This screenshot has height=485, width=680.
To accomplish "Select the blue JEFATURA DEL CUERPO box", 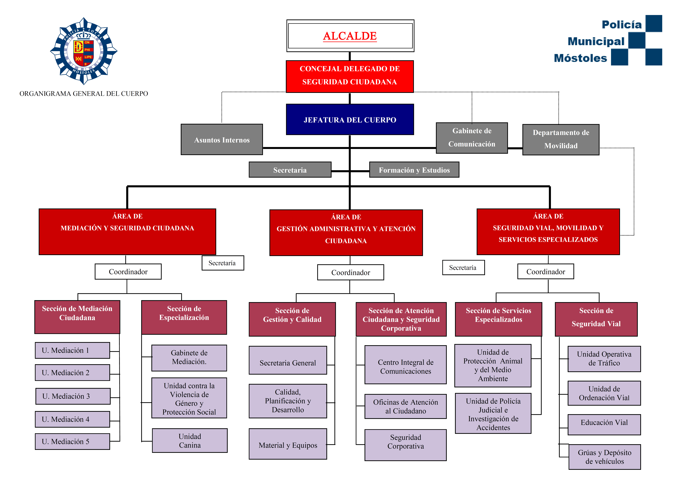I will pyautogui.click(x=350, y=119).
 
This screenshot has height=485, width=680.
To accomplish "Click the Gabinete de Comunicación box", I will pyautogui.click(x=471, y=138).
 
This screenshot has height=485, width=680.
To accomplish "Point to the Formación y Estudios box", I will pyautogui.click(x=414, y=170).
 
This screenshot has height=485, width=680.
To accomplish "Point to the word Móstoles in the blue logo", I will pyautogui.click(x=580, y=58).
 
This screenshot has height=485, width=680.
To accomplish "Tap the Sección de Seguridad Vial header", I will pyautogui.click(x=596, y=319).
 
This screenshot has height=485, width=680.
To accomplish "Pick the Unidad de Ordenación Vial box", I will pyautogui.click(x=604, y=393).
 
